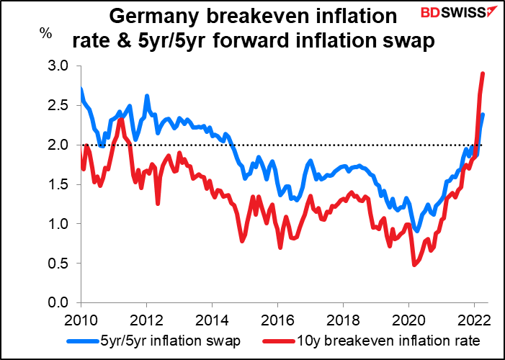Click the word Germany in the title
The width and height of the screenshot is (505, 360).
coord(154,17)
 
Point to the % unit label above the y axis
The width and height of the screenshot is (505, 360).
coord(45,33)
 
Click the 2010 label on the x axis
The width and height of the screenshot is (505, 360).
coord(81,321)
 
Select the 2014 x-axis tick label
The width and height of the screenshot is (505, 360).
coord(212,321)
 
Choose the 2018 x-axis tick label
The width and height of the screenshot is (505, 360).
coord(343,321)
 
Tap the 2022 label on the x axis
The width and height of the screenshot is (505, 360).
coord(474,321)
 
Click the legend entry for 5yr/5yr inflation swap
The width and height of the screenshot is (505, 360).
coord(153,341)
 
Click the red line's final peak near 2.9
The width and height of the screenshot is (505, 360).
coord(483,73)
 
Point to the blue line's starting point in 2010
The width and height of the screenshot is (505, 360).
coord(81,89)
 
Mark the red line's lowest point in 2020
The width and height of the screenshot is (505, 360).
coord(414,264)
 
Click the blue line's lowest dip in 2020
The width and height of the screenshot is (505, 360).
coord(417,230)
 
